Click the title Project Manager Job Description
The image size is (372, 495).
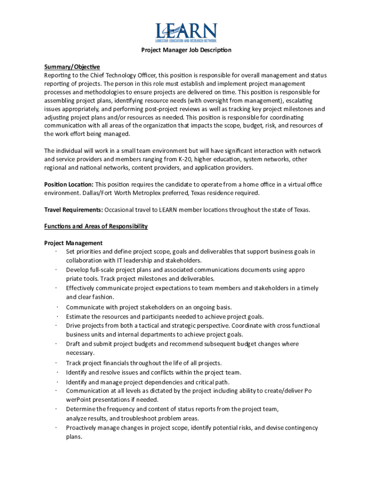click(x=186, y=50)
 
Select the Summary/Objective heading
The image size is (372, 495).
click(x=72, y=67)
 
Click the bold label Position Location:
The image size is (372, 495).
click(x=69, y=184)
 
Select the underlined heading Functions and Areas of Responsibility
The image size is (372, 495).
click(x=96, y=226)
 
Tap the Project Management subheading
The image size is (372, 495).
click(x=73, y=243)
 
